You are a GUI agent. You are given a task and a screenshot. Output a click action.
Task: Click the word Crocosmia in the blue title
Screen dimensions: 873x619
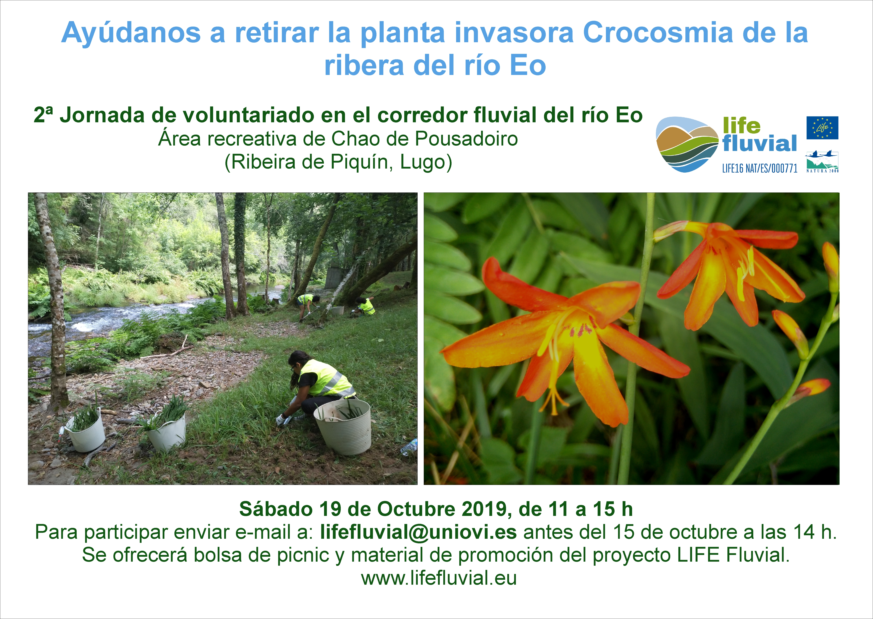[x=658, y=32]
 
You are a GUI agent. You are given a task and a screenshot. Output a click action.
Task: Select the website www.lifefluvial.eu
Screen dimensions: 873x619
[x=439, y=578]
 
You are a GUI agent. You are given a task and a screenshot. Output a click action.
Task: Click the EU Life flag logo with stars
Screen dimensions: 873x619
[x=822, y=128]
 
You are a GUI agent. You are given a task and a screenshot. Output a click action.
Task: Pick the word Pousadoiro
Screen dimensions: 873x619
[x=466, y=139]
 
